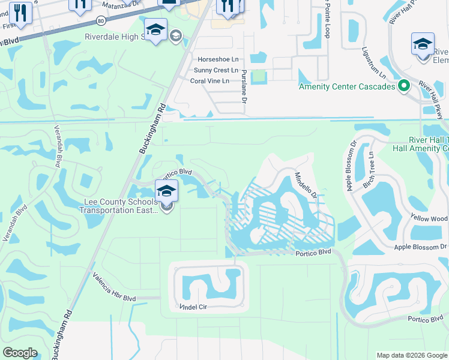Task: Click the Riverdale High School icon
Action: (155, 29)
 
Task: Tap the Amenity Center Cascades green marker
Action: (404, 86)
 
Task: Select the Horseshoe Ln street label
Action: (218, 60)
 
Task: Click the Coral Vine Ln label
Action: (209, 81)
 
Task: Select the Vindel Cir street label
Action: (193, 307)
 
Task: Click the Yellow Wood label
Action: (429, 219)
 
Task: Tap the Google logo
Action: (20, 353)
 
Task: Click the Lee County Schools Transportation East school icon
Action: (166, 193)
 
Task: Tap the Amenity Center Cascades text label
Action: (348, 87)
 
